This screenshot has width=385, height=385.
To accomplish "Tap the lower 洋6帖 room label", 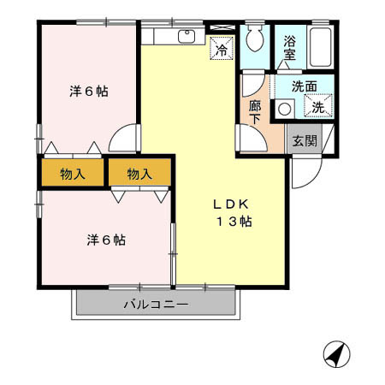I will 105,240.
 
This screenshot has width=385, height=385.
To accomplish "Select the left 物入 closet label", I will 73,175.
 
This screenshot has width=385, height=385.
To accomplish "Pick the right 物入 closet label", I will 139,175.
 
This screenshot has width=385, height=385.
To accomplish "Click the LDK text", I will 230,204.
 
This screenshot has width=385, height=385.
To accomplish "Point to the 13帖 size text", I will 233,222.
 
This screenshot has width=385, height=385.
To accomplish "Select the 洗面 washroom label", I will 304,86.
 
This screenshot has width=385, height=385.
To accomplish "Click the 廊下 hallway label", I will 255,113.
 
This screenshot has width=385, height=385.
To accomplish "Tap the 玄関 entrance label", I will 303,140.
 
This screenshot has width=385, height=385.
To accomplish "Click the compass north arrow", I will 336,352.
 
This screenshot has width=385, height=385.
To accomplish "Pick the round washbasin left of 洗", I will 284,108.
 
